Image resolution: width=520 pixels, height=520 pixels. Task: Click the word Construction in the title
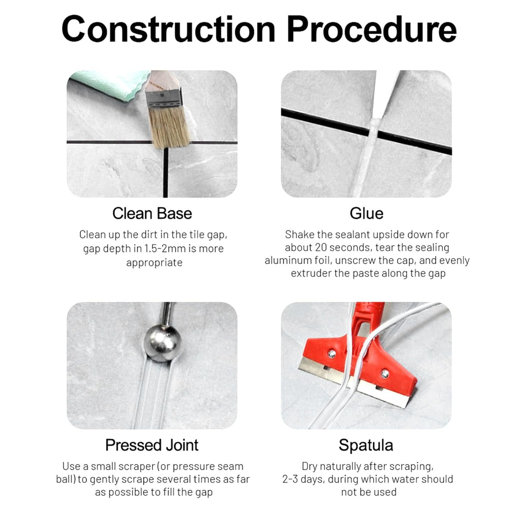click(169, 29)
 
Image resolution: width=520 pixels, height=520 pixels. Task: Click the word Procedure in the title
click(372, 29)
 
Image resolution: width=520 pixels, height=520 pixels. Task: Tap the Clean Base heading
click(152, 213)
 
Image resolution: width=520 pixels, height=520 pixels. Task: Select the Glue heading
click(367, 213)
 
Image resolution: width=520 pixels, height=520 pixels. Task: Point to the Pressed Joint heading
click(152, 445)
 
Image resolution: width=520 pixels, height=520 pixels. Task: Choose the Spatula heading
click(366, 445)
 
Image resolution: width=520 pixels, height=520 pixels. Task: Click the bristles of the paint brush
click(169, 126)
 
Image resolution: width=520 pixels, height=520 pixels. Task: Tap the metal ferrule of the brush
click(163, 98)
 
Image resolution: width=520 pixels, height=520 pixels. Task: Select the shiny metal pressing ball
click(162, 343)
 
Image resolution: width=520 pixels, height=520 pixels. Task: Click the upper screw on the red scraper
click(332, 353)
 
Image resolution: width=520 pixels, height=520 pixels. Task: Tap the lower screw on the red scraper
click(385, 374)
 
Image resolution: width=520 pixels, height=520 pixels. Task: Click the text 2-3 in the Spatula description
click(290, 479)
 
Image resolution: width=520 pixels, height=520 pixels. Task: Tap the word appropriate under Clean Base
click(154, 263)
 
